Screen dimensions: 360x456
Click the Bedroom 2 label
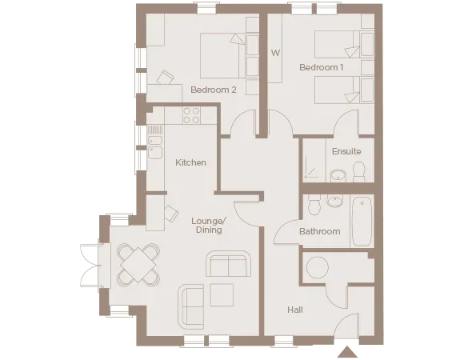click(213, 90)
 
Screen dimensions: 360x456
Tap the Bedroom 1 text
click(321, 68)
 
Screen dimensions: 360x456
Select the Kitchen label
click(190, 162)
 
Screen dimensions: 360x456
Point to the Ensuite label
click(346, 151)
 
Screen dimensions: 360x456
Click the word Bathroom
click(319, 232)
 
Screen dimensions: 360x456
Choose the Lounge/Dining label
click(208, 225)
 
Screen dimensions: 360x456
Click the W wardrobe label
click(274, 54)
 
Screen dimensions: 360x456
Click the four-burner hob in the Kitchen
click(192, 115)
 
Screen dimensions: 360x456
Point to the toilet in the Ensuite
click(358, 170)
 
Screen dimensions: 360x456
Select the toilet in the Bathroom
click(314, 207)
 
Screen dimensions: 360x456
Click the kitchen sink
click(155, 146)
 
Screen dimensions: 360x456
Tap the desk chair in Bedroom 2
click(165, 78)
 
